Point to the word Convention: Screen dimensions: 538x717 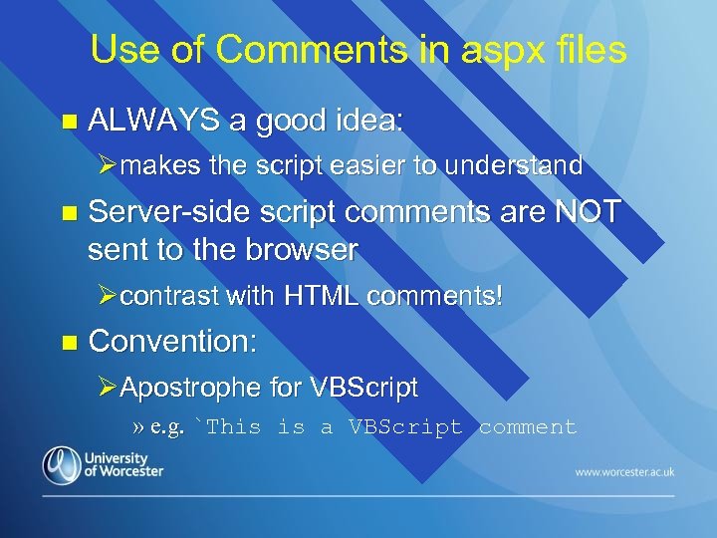click(173, 342)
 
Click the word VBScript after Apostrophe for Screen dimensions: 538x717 click(364, 387)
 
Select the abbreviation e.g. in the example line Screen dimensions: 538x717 click(166, 427)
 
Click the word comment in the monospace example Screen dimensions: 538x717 click(528, 427)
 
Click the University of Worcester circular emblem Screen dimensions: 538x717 click(62, 464)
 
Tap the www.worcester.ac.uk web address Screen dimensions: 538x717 click(624, 470)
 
